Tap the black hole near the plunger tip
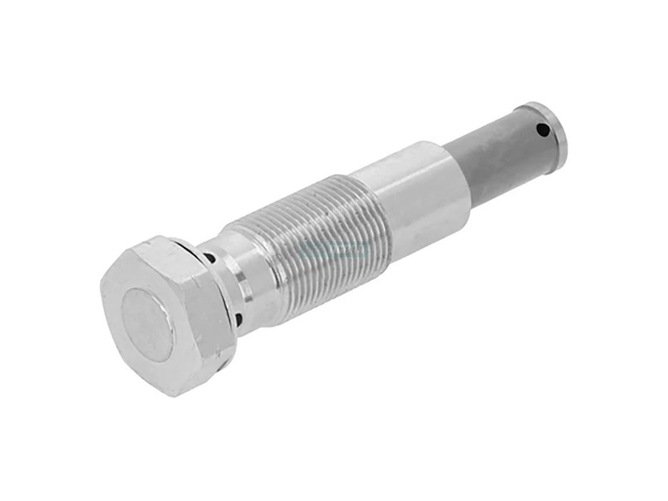pyautogui.click(x=542, y=130)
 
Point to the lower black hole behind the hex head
pyautogui.click(x=238, y=320)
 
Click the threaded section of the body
pyautogui.click(x=312, y=239)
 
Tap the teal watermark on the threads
pyautogui.click(x=334, y=250)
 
